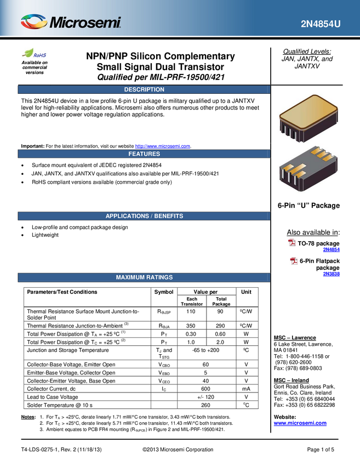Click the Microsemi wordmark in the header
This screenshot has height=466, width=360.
(85, 23)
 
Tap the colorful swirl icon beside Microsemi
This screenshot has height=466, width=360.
(34, 21)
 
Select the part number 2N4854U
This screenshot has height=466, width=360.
(321, 24)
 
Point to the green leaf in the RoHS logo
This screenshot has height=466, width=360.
(28, 53)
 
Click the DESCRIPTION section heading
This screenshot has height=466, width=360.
(144, 89)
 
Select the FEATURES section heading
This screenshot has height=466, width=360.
(144, 154)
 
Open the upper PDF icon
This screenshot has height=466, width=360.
(292, 242)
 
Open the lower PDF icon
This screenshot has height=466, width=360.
(294, 261)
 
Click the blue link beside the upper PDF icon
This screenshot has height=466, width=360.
(331, 250)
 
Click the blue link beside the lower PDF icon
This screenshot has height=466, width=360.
(331, 274)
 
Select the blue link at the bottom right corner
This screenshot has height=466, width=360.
(300, 423)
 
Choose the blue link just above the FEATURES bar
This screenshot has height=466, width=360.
(163, 146)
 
